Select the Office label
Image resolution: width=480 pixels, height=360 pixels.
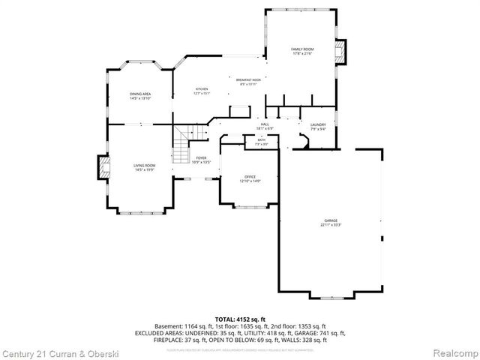250,178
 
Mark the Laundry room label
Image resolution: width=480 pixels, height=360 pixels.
317,127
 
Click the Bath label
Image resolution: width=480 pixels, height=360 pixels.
261,141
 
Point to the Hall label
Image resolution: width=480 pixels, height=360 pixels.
265,126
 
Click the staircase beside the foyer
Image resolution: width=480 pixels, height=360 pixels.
181,147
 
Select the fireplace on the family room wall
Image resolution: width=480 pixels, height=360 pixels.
341,51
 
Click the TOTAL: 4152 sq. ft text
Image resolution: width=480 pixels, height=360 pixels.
240,319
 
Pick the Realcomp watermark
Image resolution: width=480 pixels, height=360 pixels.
451,352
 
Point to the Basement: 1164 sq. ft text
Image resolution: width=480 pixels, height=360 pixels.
184,326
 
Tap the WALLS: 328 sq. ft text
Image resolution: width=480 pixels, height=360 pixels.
304,340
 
